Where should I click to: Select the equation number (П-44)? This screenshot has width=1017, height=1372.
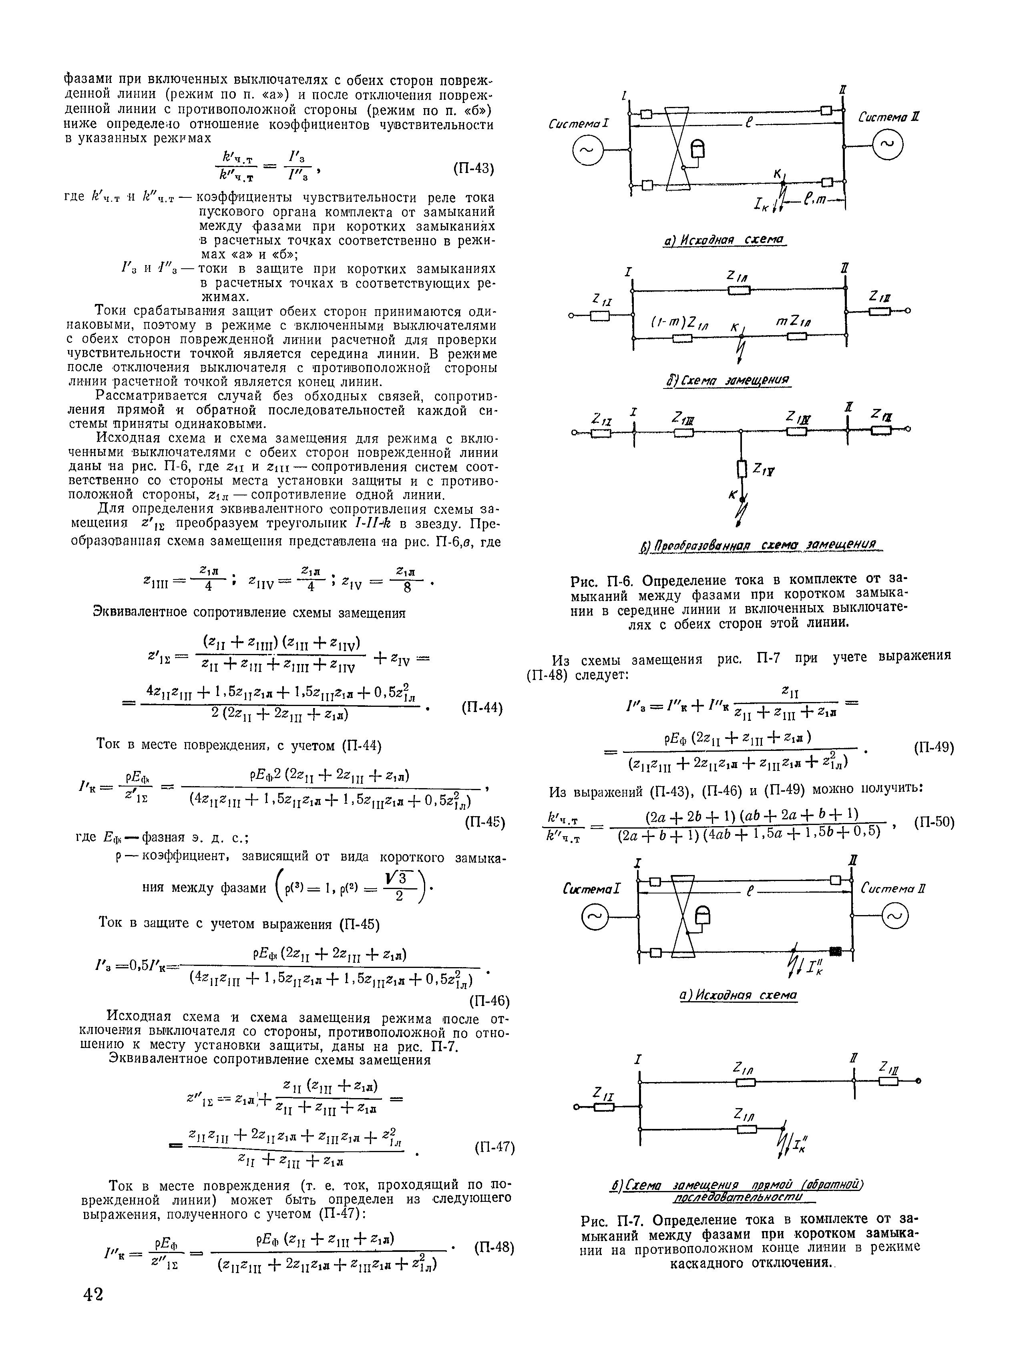point(482,709)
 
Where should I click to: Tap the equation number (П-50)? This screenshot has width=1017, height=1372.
point(934,822)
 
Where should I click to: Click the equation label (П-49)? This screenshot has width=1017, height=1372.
point(934,748)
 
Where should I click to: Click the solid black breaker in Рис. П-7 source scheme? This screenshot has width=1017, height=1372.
point(835,952)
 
